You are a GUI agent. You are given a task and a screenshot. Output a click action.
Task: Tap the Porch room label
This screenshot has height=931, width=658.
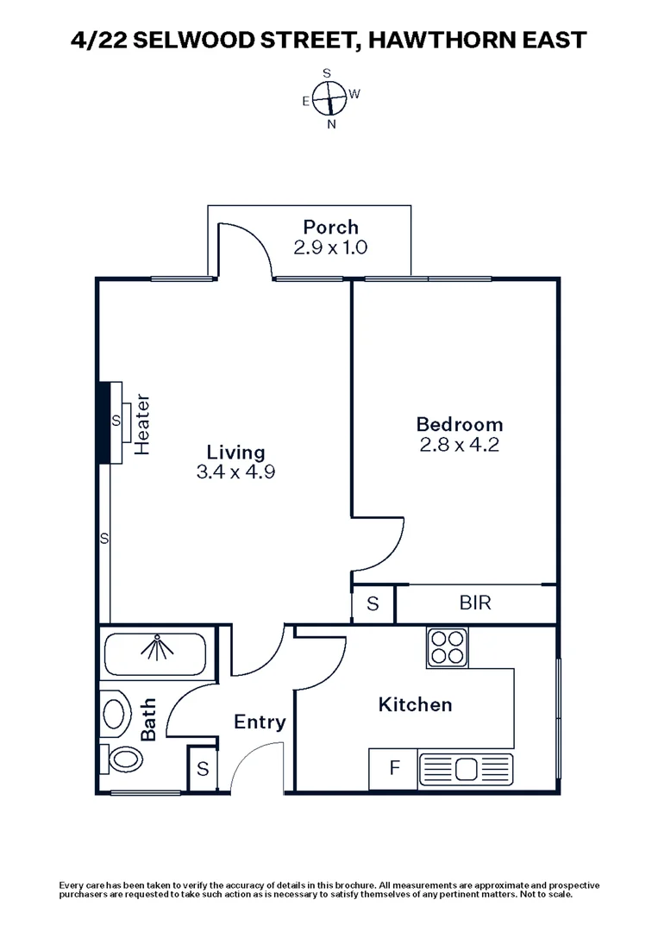pos(330,228)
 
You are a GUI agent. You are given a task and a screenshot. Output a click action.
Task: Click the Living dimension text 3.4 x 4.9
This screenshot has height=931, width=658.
pos(235,472)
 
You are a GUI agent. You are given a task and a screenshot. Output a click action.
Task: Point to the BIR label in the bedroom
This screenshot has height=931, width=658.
pos(475,603)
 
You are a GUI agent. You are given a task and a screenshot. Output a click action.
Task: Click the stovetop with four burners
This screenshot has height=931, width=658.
pos(447,647)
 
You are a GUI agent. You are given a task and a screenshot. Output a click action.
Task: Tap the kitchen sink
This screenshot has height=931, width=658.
pos(465,767)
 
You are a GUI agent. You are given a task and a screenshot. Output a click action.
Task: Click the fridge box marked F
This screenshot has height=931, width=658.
pos(393,767)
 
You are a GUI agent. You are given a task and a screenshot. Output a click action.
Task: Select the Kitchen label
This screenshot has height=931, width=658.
pos(415,704)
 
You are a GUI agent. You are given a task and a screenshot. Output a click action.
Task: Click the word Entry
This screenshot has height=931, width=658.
pos(260,722)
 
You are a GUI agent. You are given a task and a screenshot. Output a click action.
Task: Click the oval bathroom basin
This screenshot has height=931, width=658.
pos(113,715)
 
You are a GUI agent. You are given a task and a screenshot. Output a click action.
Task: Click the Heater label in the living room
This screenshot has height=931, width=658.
pos(143,424)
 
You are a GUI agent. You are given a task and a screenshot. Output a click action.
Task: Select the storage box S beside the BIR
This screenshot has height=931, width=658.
pos(373,603)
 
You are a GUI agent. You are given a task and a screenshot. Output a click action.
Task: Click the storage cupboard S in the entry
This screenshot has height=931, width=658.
pos(203,769)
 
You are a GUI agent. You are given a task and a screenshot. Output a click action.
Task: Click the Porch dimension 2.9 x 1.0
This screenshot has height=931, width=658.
pos(330,247)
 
